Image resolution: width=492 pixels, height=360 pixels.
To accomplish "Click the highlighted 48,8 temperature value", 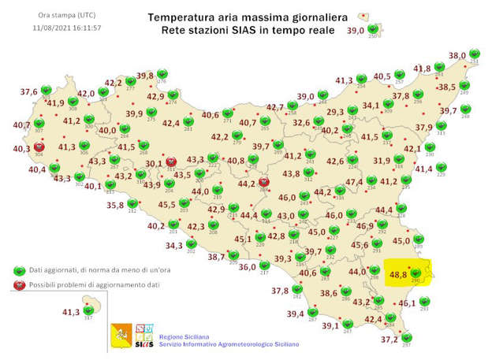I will pos(398,275).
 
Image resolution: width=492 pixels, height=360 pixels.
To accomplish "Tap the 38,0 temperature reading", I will pos(458,56).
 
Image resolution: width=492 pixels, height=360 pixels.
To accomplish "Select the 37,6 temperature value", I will pos(29,91).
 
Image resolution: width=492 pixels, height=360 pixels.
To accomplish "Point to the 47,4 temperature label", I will pos(355,182).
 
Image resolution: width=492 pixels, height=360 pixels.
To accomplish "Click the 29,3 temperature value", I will pos(335,112).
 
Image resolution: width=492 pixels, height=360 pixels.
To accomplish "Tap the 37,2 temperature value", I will pos(389,340).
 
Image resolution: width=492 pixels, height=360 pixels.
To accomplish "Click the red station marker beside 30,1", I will pos(170,159).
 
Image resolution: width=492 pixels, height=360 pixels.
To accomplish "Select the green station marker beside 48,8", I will pos(415,273).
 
